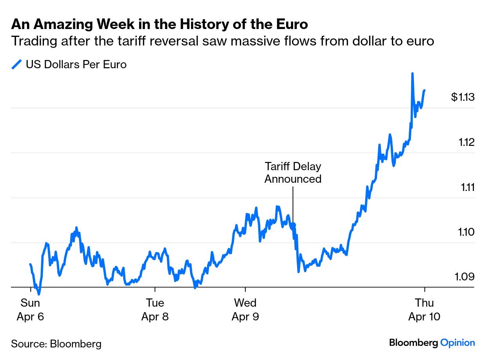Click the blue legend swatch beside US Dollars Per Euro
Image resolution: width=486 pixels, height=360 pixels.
click(x=17, y=64)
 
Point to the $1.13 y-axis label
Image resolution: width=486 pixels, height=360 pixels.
click(x=462, y=97)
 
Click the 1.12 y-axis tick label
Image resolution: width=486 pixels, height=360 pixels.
click(x=466, y=142)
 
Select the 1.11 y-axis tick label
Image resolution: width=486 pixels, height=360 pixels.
click(x=467, y=187)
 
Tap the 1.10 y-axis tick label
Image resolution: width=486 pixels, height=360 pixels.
click(x=466, y=232)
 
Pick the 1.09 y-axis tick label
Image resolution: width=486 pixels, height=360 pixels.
click(x=465, y=276)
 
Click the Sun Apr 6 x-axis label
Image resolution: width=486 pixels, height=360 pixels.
click(x=30, y=309)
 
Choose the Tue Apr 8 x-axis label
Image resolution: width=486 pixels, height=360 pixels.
click(x=155, y=309)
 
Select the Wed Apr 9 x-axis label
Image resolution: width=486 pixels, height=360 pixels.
click(x=245, y=309)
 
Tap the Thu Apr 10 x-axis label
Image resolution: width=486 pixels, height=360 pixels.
click(x=424, y=309)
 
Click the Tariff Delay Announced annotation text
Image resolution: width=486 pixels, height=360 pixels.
click(x=293, y=173)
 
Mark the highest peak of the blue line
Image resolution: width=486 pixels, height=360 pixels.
click(x=412, y=73)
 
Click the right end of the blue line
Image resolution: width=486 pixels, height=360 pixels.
click(x=424, y=91)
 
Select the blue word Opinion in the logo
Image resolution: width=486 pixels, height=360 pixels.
click(x=457, y=342)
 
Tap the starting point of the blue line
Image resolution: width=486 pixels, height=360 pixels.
click(x=30, y=264)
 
